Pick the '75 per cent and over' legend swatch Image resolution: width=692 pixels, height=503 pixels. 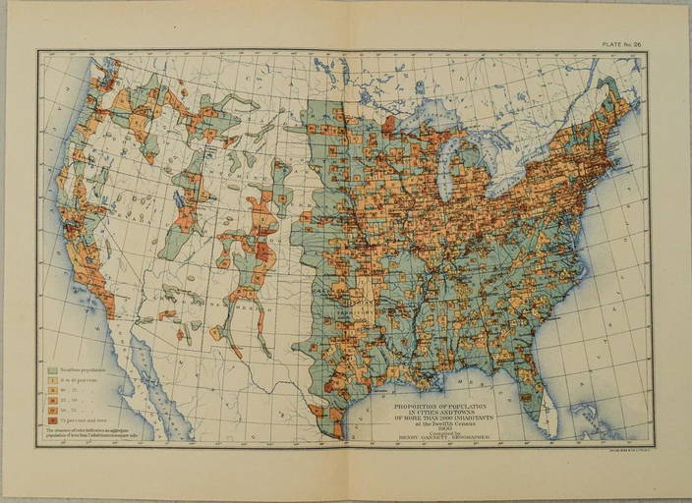pos(52,420)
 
